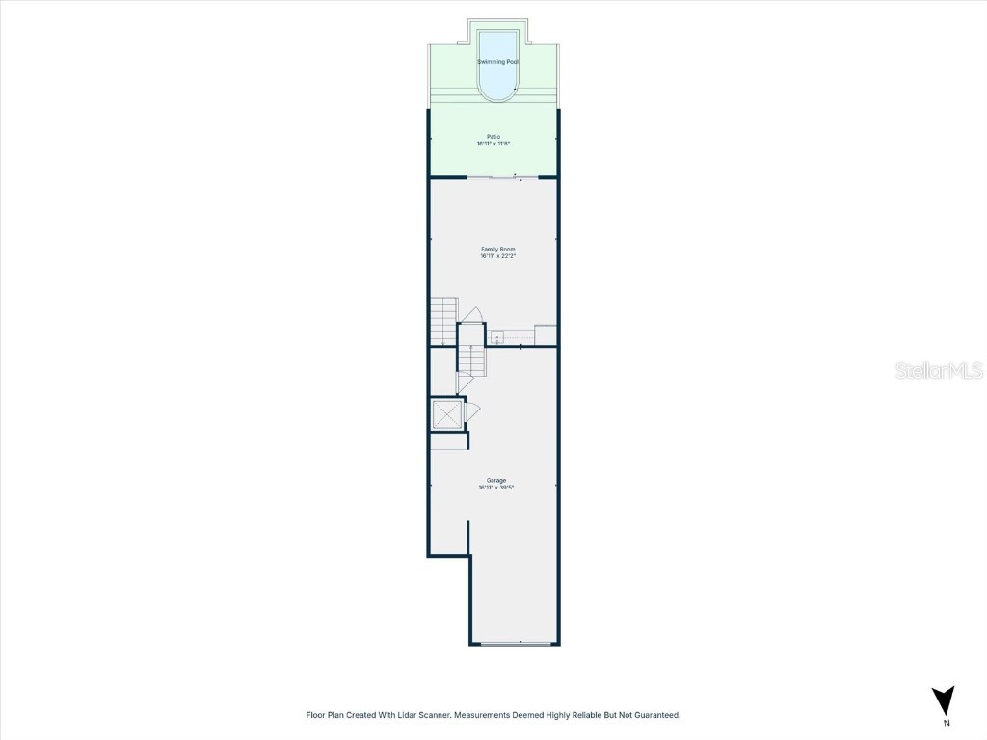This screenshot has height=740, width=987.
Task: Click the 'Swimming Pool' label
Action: click(498, 62)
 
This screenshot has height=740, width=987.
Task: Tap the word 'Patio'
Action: click(493, 136)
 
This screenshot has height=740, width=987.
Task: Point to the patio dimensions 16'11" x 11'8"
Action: click(493, 144)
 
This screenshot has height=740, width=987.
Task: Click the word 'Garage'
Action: click(496, 480)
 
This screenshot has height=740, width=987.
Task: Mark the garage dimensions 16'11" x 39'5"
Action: click(496, 488)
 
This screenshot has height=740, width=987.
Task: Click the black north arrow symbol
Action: click(945, 700)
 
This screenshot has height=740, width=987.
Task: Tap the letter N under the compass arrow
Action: click(946, 723)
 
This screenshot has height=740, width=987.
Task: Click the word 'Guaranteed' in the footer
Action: click(655, 715)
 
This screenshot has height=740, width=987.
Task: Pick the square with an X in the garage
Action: click(446, 414)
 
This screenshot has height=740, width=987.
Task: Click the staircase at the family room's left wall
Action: click(442, 321)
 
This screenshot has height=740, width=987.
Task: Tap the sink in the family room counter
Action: click(497, 337)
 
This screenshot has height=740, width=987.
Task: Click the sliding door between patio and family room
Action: click(502, 177)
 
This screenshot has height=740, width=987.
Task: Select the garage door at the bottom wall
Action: click(515, 643)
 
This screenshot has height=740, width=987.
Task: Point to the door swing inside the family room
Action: click(470, 316)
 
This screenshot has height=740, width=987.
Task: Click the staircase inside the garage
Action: click(471, 360)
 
